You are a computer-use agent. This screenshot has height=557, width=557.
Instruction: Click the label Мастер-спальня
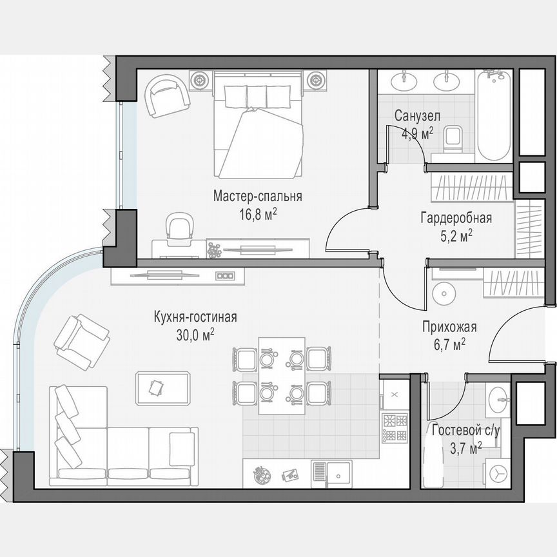click(x=258, y=196)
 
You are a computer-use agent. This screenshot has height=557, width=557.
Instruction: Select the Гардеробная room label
click(x=456, y=217)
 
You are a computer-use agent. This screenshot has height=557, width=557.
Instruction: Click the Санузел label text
click(x=417, y=117)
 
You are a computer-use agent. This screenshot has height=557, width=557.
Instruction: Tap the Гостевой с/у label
click(x=465, y=431)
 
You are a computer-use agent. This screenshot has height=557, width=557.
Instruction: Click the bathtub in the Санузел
click(x=494, y=117)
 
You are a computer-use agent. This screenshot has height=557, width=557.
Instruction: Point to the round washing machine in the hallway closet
click(x=445, y=293)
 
